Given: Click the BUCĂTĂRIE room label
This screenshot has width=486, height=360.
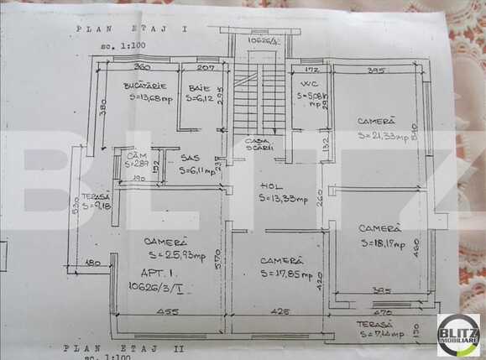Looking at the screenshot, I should click(145, 86).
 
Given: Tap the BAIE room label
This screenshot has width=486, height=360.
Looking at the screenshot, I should click(199, 87).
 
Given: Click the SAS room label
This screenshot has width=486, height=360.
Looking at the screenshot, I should click(190, 157).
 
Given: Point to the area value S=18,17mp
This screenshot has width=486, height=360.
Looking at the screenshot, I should click(383, 244).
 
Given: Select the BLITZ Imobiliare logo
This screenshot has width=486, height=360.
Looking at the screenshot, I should click(458, 335).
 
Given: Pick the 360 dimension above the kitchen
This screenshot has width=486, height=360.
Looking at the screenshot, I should click(141, 66).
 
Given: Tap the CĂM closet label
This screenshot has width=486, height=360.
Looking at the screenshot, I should click(132, 156).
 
